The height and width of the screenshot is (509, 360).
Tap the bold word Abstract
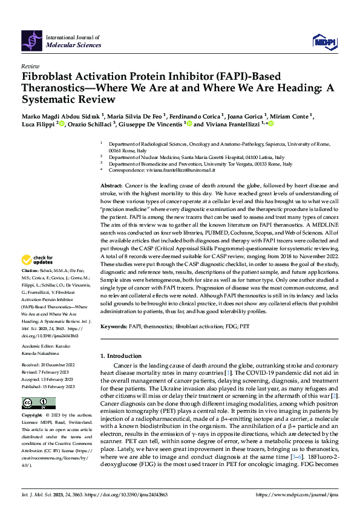tap(111, 185)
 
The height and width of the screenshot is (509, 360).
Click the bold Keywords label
tap(114, 325)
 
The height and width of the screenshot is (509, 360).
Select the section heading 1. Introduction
tap(124, 356)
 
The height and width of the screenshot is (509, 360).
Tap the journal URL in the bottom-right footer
tap(298, 494)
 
